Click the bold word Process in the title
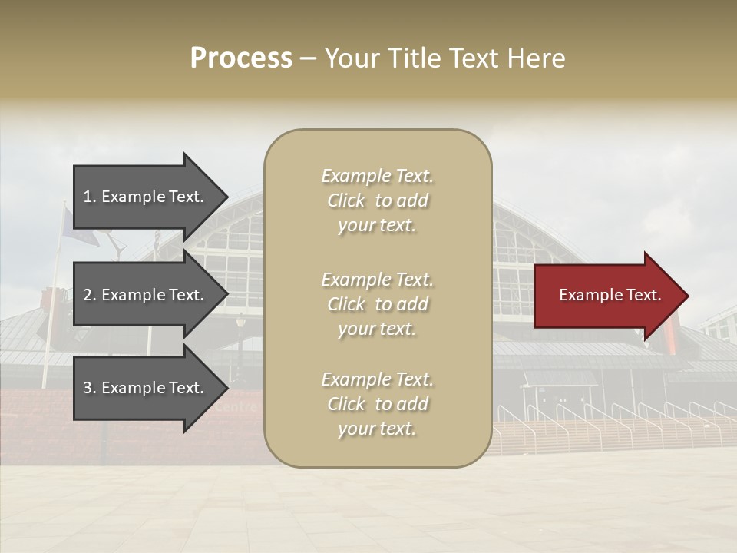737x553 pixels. (241, 58)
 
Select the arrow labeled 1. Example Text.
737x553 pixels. (146, 197)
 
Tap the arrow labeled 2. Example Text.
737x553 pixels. (146, 295)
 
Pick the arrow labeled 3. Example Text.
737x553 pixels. (146, 388)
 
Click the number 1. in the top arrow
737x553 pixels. (90, 197)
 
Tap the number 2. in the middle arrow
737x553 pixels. (90, 295)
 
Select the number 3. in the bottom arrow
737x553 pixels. (90, 388)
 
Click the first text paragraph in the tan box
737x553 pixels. (377, 200)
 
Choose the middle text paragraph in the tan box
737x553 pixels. (377, 304)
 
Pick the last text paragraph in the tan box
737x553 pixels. (377, 404)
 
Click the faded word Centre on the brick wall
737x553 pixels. (237, 408)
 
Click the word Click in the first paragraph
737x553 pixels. (346, 200)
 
